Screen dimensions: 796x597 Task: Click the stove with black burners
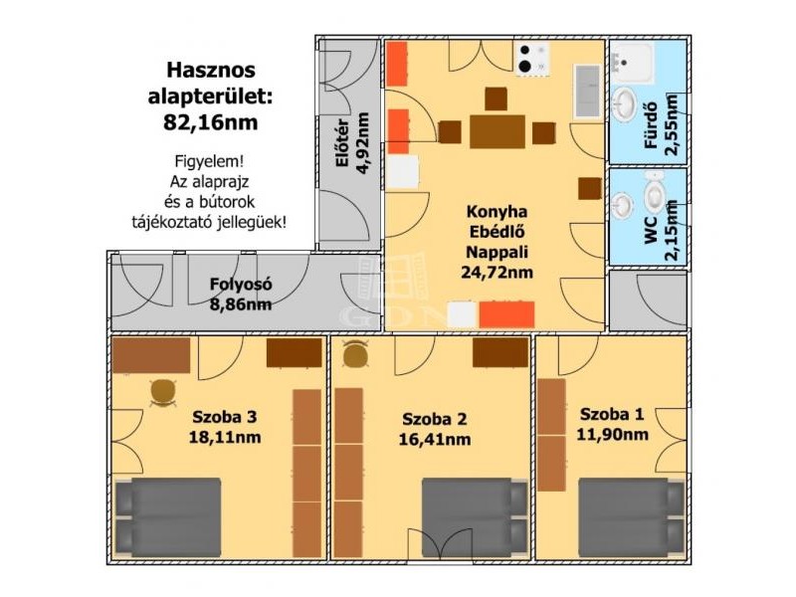coord(532,59)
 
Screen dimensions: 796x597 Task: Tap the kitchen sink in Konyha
coord(588,92)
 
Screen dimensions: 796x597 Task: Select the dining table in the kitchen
coord(497,131)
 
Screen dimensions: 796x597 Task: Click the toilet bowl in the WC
coord(654,194)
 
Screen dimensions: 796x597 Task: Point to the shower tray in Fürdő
coord(633,63)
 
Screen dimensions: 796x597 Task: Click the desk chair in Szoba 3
coord(163,393)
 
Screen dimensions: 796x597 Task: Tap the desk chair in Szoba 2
coord(355,354)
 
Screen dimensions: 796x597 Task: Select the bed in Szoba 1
coord(632,517)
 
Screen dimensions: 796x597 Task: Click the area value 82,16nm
coord(211,122)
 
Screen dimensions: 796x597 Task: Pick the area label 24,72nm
coord(497,273)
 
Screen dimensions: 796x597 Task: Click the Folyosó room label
coord(241,285)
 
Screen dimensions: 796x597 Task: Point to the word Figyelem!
coord(209,162)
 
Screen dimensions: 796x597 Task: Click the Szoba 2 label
coord(434,419)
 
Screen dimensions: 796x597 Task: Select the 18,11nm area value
coord(225,437)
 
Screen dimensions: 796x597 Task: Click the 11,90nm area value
coord(612,435)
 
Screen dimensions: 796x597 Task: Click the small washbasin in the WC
coord(622,205)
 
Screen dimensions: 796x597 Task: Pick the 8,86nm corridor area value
coord(241,304)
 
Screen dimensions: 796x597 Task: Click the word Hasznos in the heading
coord(211,70)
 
